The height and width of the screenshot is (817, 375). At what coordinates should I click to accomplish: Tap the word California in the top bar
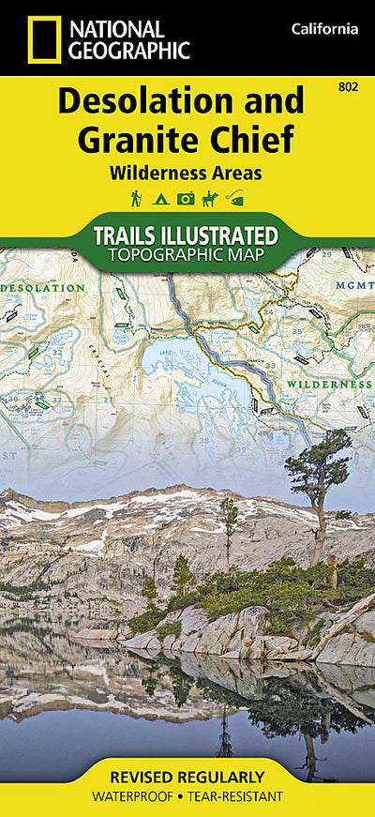click(324, 29)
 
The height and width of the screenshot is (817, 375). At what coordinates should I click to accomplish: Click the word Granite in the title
click(136, 140)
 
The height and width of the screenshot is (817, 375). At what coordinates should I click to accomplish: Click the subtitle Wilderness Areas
click(184, 173)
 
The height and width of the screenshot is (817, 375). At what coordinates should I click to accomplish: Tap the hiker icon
click(136, 198)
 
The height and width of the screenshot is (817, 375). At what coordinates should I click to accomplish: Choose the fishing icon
click(234, 198)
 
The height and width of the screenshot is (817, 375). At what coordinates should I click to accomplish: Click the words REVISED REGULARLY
click(187, 777)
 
